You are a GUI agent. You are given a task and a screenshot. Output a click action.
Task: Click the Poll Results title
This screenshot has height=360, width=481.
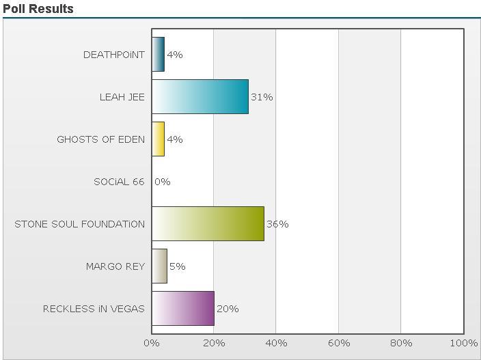click(x=38, y=9)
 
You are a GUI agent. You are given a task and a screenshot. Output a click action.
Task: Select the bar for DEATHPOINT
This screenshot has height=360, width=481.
click(x=158, y=55)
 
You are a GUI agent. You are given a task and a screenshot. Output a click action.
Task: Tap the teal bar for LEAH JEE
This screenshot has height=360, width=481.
click(x=200, y=97)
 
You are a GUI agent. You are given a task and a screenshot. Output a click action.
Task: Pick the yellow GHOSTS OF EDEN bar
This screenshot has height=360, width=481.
click(x=158, y=139)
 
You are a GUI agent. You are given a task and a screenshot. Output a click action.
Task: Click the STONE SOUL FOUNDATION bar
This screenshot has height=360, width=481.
click(x=208, y=224)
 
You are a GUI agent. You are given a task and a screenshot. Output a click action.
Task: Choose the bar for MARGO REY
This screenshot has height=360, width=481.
click(x=159, y=266)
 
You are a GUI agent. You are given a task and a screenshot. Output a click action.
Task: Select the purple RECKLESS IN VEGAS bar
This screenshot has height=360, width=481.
click(x=182, y=309)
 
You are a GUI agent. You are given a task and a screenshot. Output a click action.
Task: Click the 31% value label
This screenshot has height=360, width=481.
click(x=262, y=97)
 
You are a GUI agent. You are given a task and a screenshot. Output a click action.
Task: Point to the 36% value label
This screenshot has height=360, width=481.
click(x=277, y=224)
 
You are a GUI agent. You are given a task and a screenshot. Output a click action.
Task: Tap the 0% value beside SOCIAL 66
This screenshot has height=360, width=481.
click(x=163, y=182)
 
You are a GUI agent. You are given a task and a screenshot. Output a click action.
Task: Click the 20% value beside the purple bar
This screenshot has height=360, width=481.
click(x=228, y=309)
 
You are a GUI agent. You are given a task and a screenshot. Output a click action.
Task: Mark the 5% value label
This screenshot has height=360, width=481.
click(x=178, y=266)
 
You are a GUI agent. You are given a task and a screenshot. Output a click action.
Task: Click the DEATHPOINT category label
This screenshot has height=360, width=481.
click(x=114, y=55)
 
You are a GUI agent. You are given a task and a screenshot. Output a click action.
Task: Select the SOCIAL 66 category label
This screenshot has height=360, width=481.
click(x=119, y=182)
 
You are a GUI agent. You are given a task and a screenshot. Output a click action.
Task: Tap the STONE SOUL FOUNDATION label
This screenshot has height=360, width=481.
click(x=79, y=224)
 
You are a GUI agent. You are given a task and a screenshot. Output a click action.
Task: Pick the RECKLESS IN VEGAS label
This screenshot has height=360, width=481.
click(x=94, y=309)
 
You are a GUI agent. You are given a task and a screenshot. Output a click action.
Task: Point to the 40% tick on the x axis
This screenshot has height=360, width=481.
click(x=276, y=343)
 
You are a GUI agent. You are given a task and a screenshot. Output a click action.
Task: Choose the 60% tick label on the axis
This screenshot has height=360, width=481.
click(x=339, y=343)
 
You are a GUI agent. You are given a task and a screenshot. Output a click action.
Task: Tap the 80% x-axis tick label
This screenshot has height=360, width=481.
click(x=401, y=343)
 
